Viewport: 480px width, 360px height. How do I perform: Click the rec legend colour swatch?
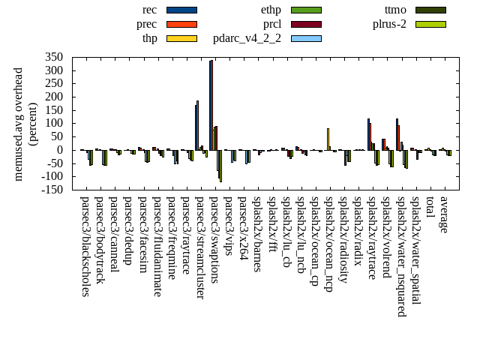coord(181,10)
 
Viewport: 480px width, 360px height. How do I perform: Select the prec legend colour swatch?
coord(181,24)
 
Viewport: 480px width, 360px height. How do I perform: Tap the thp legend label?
coord(150,38)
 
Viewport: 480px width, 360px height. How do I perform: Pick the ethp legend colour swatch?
coord(306,10)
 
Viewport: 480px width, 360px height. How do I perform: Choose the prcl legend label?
coord(272,24)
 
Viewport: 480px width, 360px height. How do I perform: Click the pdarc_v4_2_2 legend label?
coord(247,38)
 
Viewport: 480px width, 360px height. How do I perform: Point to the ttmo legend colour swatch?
coord(430,10)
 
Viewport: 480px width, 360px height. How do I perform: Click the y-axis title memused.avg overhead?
coord(19,124)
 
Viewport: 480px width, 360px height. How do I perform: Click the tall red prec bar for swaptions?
coord(212,105)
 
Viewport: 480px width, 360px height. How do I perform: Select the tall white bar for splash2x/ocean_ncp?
coord(328,139)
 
